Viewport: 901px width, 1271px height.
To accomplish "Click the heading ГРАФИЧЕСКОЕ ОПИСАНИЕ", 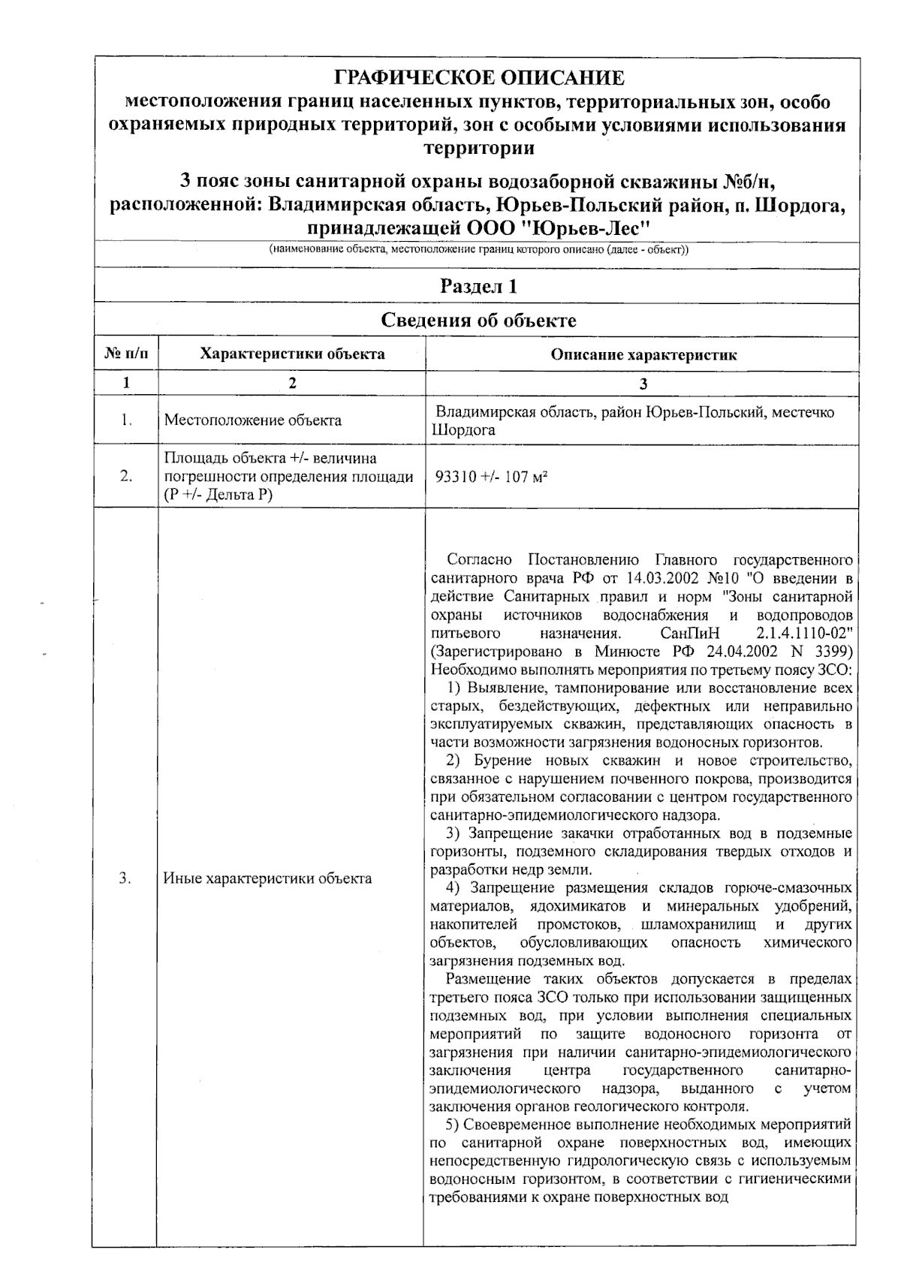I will pos(478,78).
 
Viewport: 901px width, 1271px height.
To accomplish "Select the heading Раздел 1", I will pos(478,287).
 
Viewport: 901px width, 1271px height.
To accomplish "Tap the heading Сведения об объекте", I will pos(478,321).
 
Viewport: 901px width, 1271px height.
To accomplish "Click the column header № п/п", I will pos(125,354).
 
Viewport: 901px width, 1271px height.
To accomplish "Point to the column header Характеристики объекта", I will pos(292,354).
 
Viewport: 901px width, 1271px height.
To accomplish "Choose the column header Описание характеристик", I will pos(643,355).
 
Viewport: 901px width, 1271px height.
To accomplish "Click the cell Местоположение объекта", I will pos(252,420).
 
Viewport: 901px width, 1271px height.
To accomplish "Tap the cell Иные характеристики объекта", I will pos(267,878).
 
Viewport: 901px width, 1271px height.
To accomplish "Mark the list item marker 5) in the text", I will pos(452,1125).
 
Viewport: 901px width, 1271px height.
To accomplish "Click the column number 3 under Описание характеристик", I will pos(643,384).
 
